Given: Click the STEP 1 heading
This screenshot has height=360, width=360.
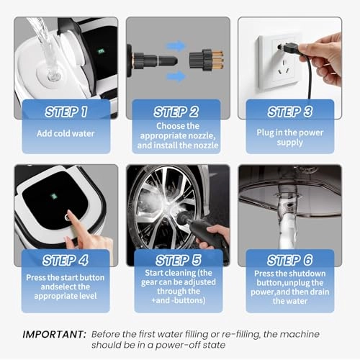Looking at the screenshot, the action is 66,112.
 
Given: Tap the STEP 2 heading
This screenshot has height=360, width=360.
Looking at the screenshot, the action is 176,112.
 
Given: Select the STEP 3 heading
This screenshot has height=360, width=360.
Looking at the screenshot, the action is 290,112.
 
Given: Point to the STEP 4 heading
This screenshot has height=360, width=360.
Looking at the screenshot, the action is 66,260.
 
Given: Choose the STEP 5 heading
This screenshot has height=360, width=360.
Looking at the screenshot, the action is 178,260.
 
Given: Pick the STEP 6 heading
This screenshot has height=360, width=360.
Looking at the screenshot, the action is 290,260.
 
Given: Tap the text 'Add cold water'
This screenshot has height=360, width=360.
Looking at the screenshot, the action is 66,133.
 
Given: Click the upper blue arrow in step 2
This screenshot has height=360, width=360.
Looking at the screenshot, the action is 176,45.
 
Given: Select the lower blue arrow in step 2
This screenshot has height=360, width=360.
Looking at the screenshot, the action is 176,76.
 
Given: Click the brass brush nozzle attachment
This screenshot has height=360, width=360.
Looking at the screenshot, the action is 207,60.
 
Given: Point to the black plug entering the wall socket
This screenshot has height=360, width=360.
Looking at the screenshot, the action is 290,48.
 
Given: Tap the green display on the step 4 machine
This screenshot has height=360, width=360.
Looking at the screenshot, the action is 54,196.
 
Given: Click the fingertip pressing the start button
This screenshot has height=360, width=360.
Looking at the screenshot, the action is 70,214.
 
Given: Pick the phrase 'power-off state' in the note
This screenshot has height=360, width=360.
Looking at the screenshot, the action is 190,345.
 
